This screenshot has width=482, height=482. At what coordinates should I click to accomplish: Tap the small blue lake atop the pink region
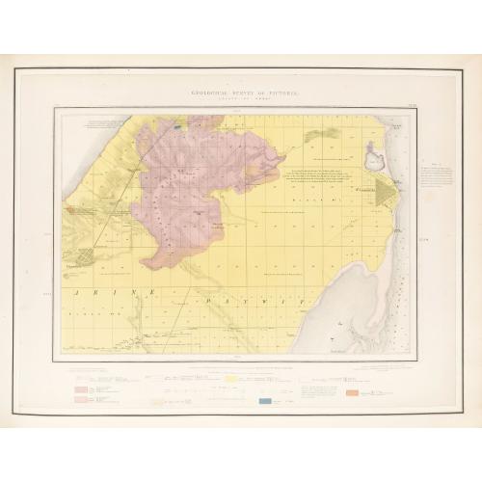click(x=178, y=124)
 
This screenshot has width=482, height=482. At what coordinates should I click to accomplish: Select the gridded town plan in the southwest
click(x=89, y=257)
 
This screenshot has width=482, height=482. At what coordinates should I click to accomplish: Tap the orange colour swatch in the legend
click(x=352, y=392)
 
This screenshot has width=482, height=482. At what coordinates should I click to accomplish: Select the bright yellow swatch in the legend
click(x=231, y=382)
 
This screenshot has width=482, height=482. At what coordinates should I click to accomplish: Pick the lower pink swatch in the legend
click(x=81, y=398)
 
